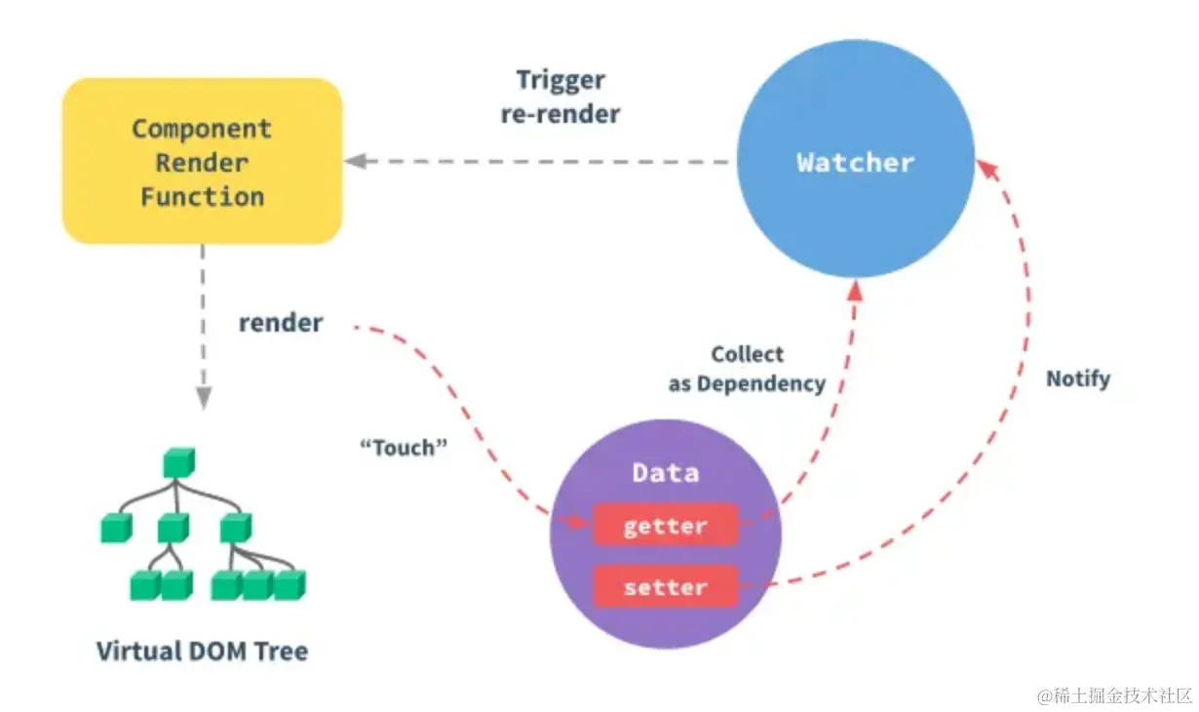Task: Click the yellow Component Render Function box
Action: point(202,161)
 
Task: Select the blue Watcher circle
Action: point(855,162)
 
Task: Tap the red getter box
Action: point(665,527)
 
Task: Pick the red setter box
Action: point(665,588)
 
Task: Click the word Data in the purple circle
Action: point(665,474)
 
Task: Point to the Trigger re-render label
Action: point(561,97)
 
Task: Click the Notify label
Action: point(1078,378)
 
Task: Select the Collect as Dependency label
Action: point(747,370)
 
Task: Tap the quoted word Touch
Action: point(404,448)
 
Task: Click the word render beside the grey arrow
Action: point(281,323)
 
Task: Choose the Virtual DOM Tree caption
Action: point(202,651)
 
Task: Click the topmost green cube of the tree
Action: point(178,462)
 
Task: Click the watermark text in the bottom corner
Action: point(1114,695)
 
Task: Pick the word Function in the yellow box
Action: point(202,196)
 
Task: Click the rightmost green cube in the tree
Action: point(290,584)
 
